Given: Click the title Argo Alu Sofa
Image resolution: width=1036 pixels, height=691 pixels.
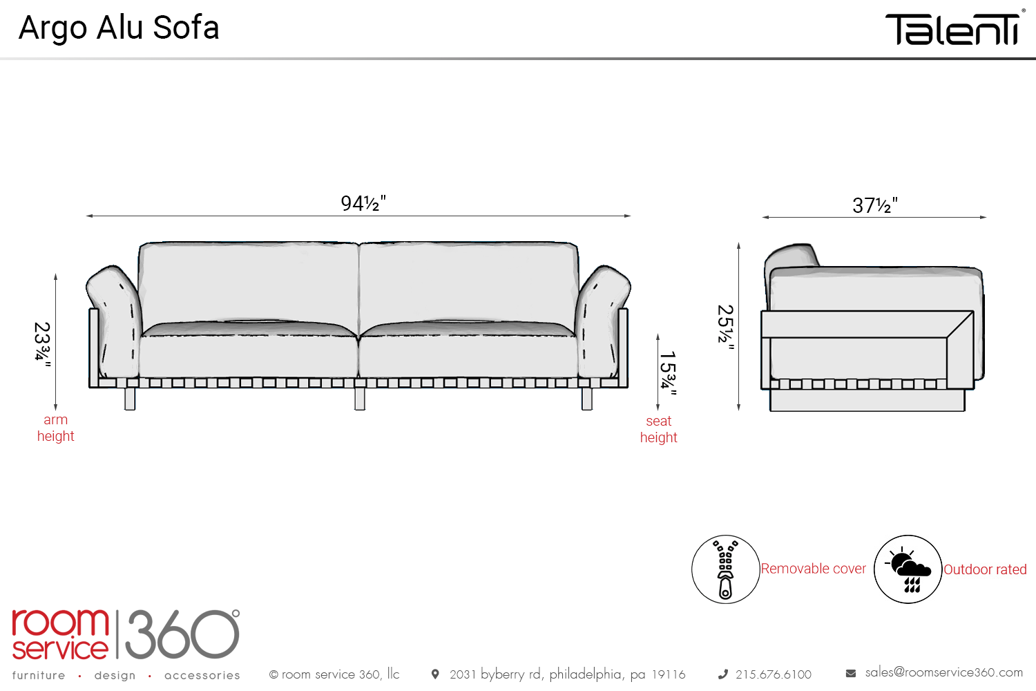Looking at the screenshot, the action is click(119, 28).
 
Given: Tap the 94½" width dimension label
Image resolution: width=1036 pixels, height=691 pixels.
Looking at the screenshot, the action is click(363, 203).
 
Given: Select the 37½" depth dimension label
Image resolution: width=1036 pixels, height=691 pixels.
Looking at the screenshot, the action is click(874, 205).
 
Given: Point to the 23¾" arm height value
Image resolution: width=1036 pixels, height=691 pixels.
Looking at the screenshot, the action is click(43, 344).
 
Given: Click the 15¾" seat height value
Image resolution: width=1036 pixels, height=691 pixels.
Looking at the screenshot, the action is click(668, 372).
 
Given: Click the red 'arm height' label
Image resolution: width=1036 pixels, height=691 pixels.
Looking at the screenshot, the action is click(55, 428).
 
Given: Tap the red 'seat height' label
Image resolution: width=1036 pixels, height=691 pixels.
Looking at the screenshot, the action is click(658, 429).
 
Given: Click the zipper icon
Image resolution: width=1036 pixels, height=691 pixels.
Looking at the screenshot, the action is click(725, 569).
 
